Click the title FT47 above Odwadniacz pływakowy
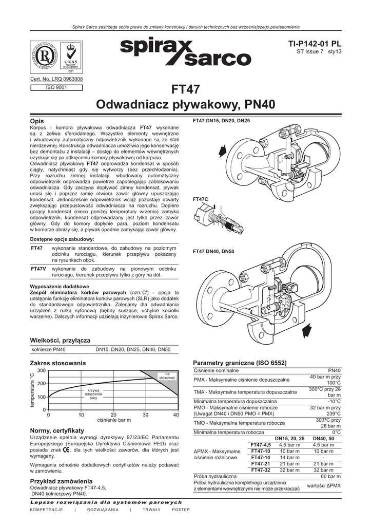click(x=186, y=89)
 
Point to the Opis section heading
click(x=38, y=120)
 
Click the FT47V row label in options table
click(x=38, y=269)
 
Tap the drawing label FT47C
click(x=200, y=199)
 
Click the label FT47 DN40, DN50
click(x=213, y=251)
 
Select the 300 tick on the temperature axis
click(x=42, y=370)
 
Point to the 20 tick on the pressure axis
click(x=113, y=415)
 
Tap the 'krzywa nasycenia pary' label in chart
click(x=93, y=394)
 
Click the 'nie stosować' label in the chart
click(x=167, y=375)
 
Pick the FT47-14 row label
click(x=260, y=457)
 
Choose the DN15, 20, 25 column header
click(x=290, y=438)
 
